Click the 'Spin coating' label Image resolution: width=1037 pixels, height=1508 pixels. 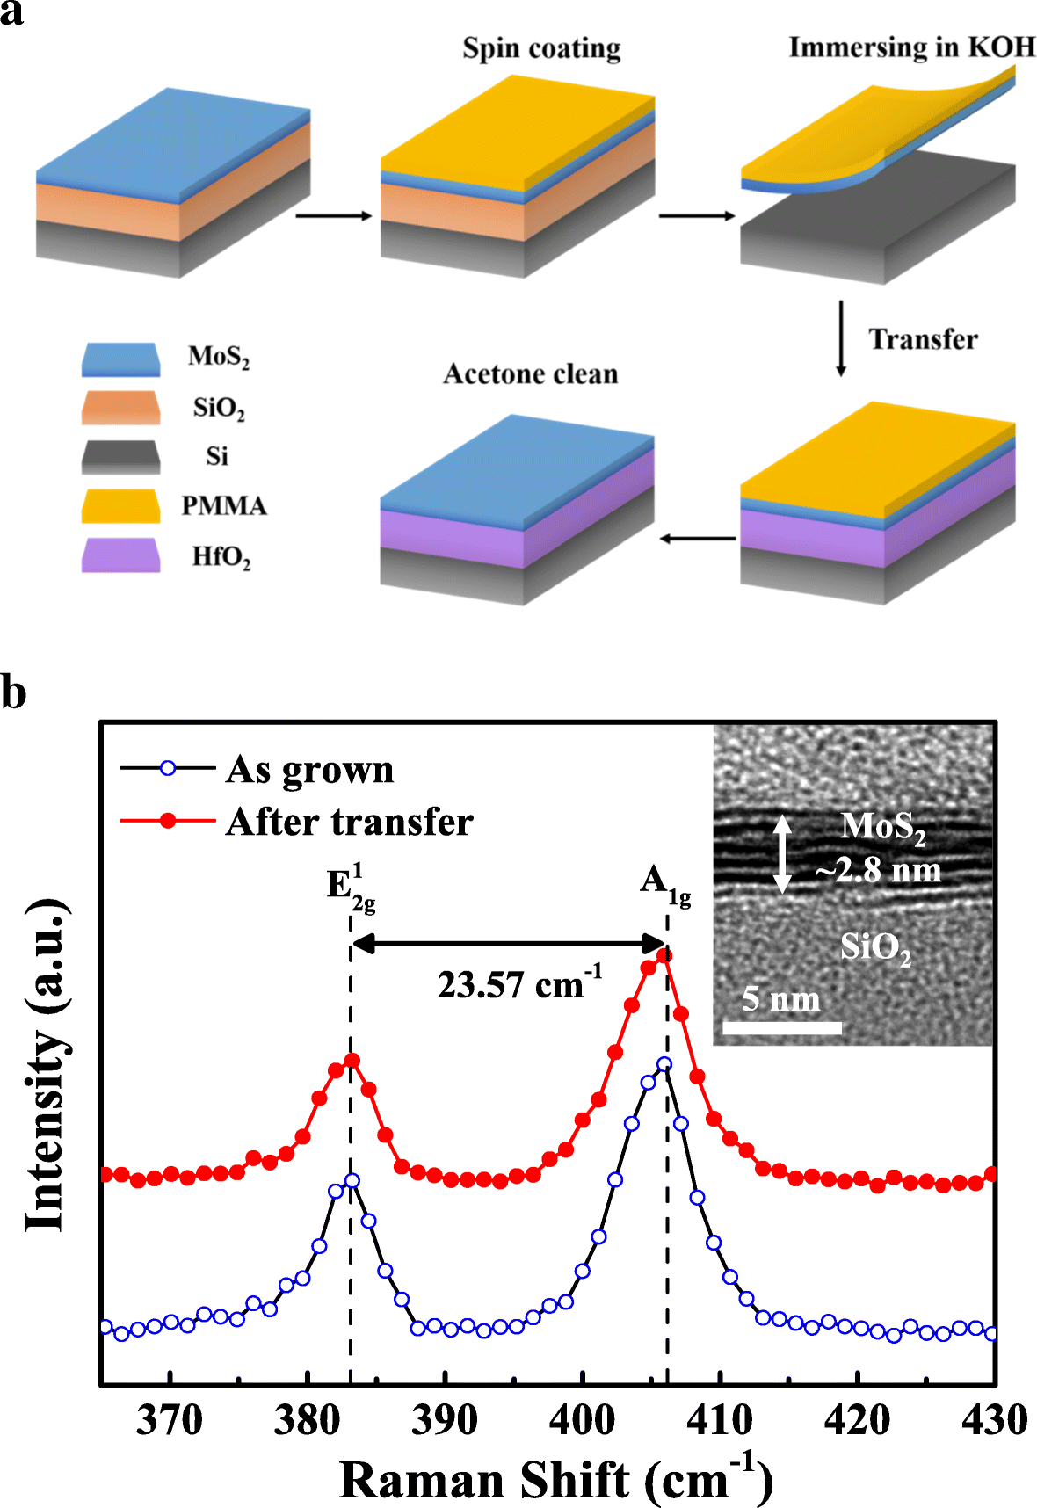pos(541,47)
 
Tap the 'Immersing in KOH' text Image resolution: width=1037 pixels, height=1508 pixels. pos(911,47)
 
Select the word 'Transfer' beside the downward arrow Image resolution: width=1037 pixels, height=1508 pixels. pos(923,339)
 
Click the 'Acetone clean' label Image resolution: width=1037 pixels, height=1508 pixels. pos(530,374)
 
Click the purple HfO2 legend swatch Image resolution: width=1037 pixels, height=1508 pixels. pos(120,555)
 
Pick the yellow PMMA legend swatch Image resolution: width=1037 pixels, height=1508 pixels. pos(120,506)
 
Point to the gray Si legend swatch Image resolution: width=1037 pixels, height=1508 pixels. pos(120,457)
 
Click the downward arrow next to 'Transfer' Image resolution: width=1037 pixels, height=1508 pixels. pos(841,338)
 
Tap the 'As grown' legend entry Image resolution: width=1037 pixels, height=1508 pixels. pos(309,770)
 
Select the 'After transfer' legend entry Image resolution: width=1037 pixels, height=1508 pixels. pos(349,823)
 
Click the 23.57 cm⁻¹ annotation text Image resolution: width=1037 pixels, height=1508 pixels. pos(518,984)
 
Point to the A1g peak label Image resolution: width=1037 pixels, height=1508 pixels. pos(664,883)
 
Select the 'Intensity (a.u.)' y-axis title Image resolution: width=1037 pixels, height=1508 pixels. pos(46,1065)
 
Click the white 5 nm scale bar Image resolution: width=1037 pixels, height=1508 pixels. pos(781,1027)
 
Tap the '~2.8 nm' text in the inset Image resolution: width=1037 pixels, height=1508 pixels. pos(878,871)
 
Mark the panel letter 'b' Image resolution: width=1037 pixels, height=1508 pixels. pos(13,693)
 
